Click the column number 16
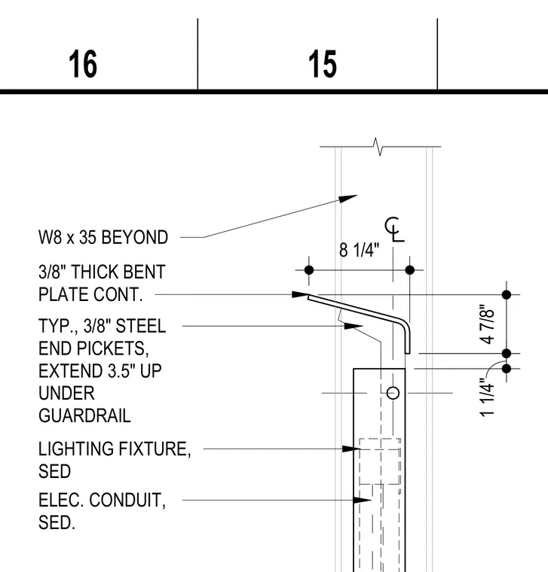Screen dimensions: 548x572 tap(83, 64)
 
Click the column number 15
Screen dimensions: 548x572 tap(322, 64)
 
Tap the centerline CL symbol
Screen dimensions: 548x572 tap(394, 230)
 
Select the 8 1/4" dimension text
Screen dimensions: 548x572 tap(359, 250)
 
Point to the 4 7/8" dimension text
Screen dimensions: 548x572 tap(487, 324)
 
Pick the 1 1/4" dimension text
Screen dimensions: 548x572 tap(487, 397)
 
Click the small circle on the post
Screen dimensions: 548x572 tap(393, 393)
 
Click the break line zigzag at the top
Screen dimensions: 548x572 tap(378, 147)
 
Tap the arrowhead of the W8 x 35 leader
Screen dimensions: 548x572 tap(347, 199)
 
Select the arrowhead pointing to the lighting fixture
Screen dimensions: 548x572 tap(351, 449)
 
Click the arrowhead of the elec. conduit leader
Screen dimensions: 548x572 tap(362, 500)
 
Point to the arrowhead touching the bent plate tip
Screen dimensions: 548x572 tap(301, 294)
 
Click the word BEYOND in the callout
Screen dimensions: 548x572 tap(134, 238)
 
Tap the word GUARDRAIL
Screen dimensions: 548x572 tap(84, 416)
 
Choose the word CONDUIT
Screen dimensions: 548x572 tap(127, 500)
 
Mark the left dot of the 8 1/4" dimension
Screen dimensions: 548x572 tap(309, 270)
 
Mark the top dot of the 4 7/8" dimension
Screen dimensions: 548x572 tap(507, 294)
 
